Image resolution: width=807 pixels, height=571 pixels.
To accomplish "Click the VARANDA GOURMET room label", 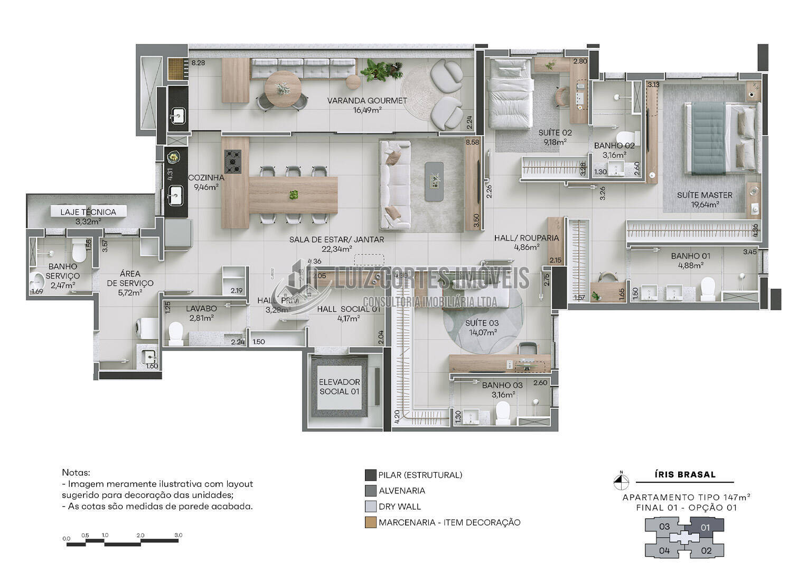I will (x=367, y=100).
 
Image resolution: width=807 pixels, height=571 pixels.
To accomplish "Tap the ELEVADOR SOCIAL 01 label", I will (x=340, y=386).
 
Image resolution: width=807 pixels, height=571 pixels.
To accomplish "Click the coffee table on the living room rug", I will (x=435, y=181).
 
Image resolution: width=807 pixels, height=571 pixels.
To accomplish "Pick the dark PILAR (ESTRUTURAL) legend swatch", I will (x=370, y=475).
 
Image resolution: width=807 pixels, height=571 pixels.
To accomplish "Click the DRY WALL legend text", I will (x=400, y=506).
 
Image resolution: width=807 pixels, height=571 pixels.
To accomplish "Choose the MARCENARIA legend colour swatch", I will (x=370, y=522).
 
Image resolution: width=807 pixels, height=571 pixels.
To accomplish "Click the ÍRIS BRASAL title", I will (x=685, y=474).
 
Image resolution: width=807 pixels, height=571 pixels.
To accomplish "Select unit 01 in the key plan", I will (x=705, y=527).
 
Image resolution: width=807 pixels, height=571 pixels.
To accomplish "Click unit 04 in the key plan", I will (x=664, y=550).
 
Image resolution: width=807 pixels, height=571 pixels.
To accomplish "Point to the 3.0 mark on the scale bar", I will (x=178, y=536).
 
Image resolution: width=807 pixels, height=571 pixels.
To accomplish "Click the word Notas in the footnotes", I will (x=76, y=472).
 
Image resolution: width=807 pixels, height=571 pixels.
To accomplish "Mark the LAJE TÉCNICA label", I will (x=88, y=212).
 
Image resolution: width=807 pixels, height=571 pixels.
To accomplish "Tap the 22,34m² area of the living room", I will (x=336, y=248).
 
